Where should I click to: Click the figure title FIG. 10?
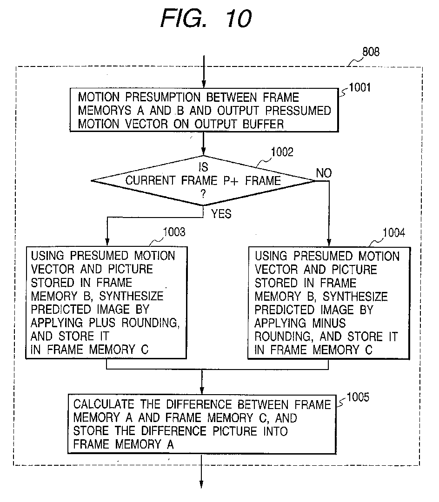[x=206, y=18]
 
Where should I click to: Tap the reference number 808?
[x=371, y=52]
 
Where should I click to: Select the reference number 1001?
[x=359, y=87]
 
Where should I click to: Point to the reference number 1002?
[x=282, y=152]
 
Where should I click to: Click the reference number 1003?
[x=174, y=232]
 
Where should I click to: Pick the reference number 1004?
[x=394, y=233]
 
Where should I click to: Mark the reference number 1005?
[x=358, y=397]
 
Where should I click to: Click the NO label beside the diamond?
[x=324, y=173]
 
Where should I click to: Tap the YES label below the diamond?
[x=221, y=214]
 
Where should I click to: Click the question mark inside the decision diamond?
[x=203, y=194]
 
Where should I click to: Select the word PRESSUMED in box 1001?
[x=298, y=111]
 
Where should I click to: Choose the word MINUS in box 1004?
[x=329, y=324]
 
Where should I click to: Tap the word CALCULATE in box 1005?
[x=104, y=404]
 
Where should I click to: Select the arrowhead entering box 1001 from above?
[x=204, y=84]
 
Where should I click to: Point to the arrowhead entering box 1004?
[x=329, y=242]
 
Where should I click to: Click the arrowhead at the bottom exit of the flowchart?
[x=201, y=484]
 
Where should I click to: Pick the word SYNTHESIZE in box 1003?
[x=131, y=296]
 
